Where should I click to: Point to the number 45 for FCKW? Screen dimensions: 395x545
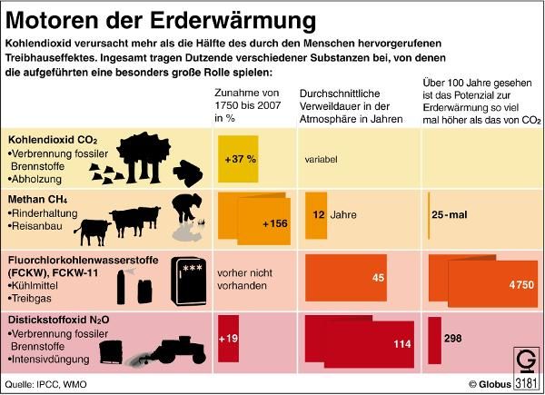point(378,278)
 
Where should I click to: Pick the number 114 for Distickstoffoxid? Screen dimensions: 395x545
point(401,344)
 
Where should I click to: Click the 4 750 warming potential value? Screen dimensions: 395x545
point(520,284)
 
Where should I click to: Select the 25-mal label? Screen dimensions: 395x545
point(451,215)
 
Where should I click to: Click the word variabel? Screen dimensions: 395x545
point(321,159)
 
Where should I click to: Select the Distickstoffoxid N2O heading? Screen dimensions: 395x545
point(57,321)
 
